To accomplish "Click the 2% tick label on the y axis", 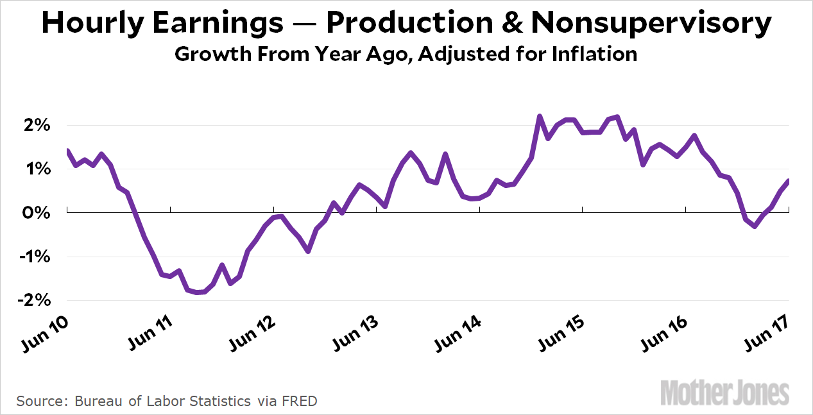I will tap(38, 125).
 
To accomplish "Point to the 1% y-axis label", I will tap(38, 169).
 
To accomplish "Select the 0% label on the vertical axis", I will tap(38, 212).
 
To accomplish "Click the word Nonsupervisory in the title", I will tap(651, 24).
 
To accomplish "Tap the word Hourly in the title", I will tap(92, 24).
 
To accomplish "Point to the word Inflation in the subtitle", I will tap(590, 53).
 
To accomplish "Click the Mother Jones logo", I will tap(724, 392).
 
